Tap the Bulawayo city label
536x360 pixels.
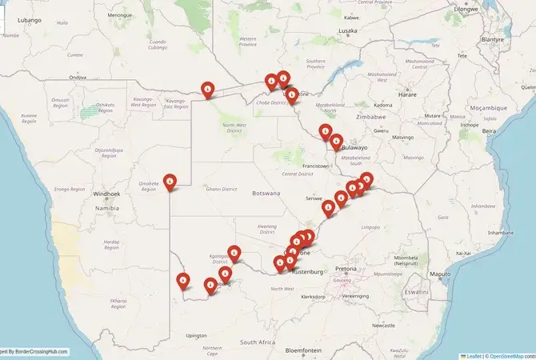pyautogui.click(x=353, y=147)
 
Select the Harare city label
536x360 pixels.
pyautogui.click(x=408, y=94)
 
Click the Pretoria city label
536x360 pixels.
pyautogui.click(x=346, y=269)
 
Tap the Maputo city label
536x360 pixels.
pyautogui.click(x=440, y=274)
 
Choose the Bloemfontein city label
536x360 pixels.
pyautogui.click(x=303, y=350)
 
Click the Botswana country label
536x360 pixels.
pyautogui.click(x=266, y=194)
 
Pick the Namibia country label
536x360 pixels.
pyautogui.click(x=107, y=208)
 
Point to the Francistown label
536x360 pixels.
pyautogui.click(x=315, y=166)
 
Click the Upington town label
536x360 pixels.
pyautogui.click(x=196, y=335)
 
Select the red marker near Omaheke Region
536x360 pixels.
pyautogui.click(x=170, y=182)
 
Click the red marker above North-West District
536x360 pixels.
pyautogui.click(x=208, y=90)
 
